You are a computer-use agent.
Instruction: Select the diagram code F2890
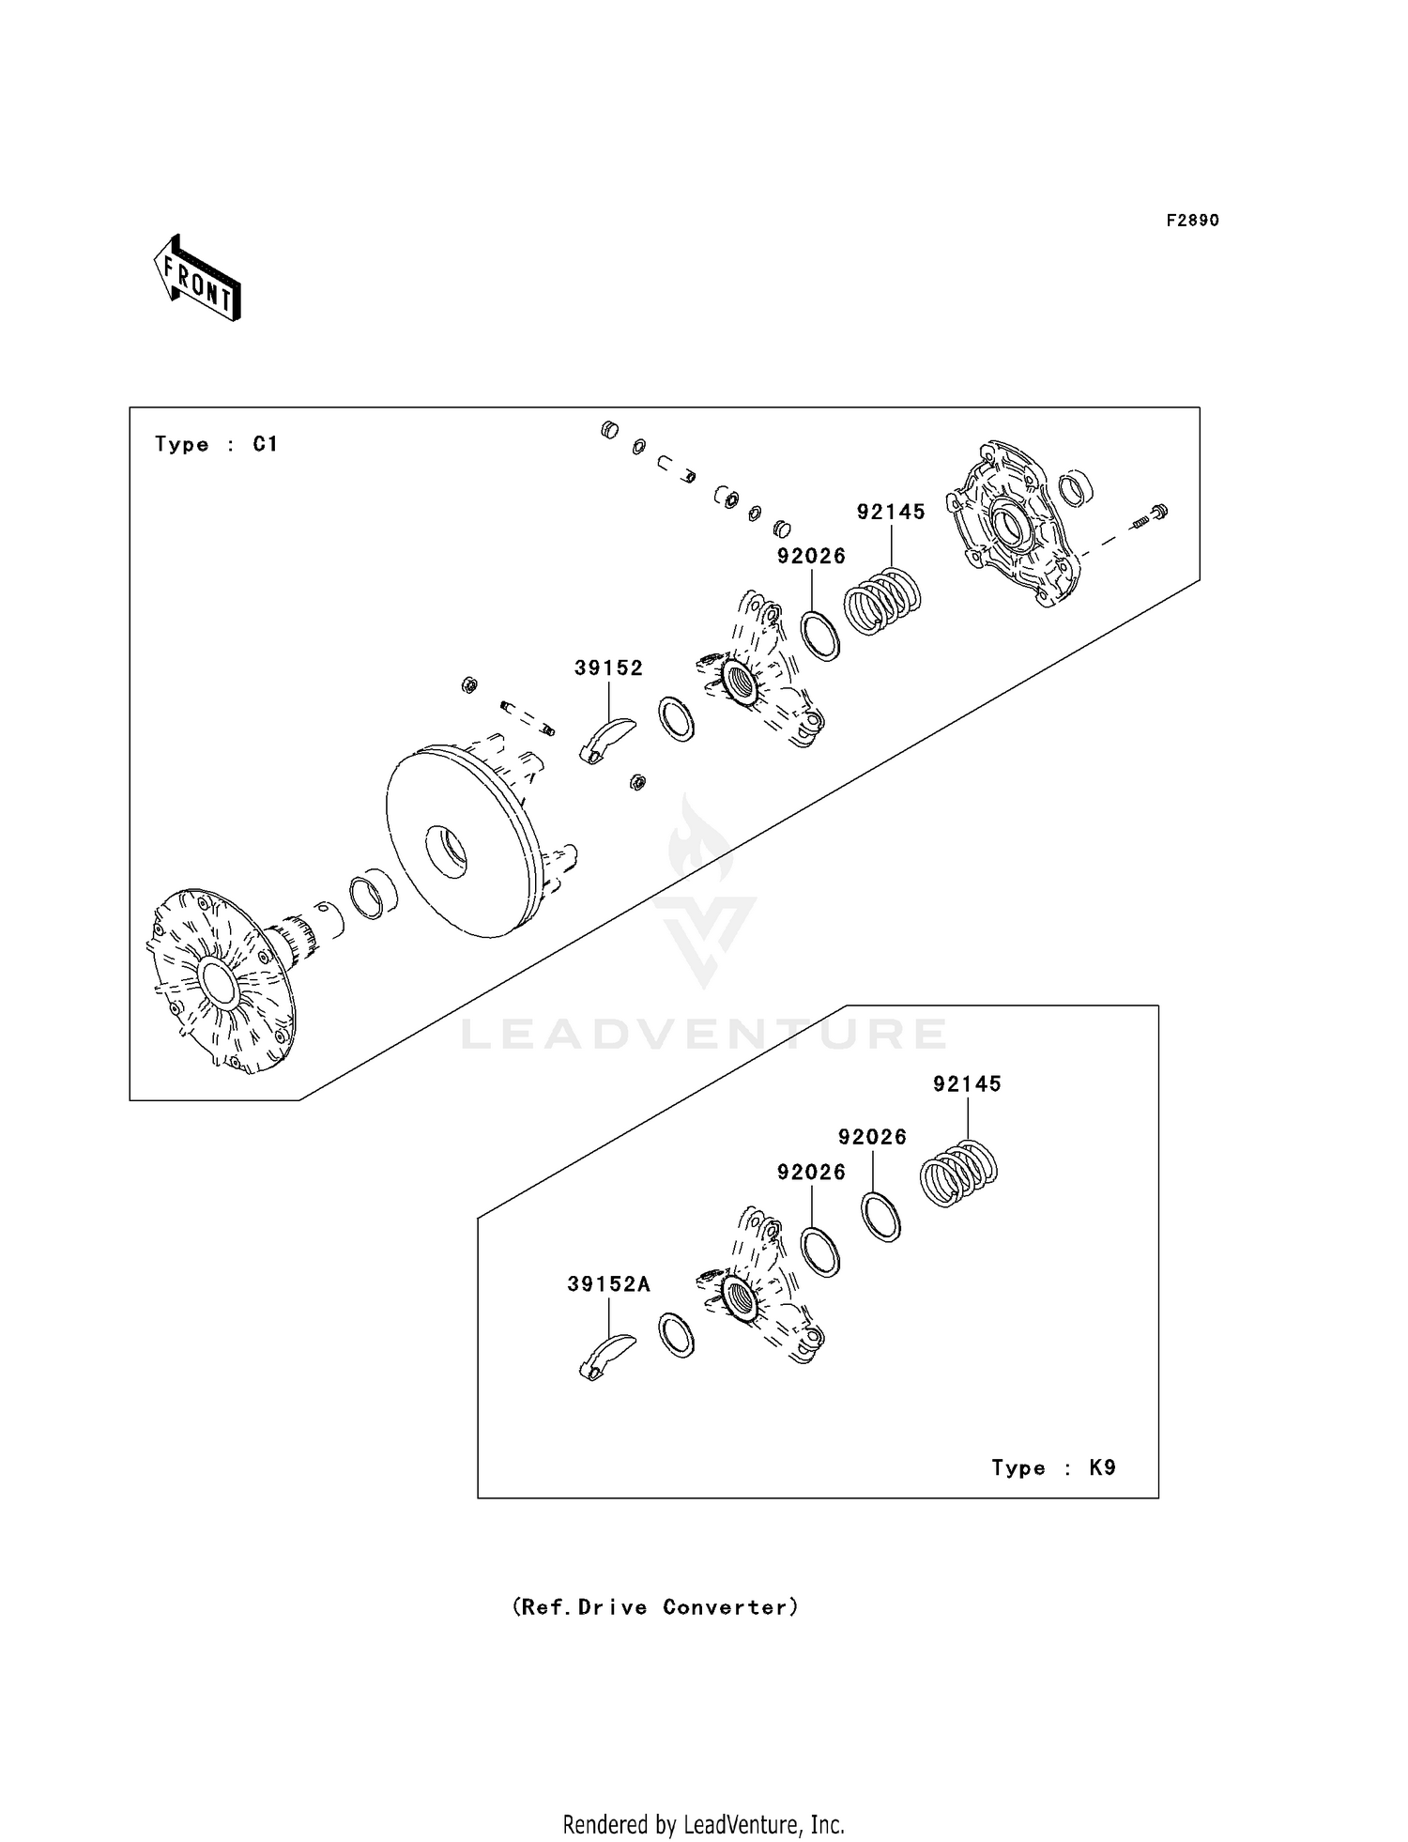pyautogui.click(x=1192, y=221)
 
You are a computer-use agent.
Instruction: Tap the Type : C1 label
pyautogui.click(x=216, y=444)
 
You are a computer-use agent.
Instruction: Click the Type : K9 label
pyautogui.click(x=1053, y=1466)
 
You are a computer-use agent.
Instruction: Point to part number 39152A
pyautogui.click(x=608, y=1284)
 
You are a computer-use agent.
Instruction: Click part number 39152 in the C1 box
pyautogui.click(x=608, y=668)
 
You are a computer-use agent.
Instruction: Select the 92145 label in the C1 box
pyautogui.click(x=891, y=512)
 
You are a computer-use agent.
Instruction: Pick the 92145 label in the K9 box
pyautogui.click(x=967, y=1083)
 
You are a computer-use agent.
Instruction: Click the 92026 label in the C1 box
pyautogui.click(x=811, y=556)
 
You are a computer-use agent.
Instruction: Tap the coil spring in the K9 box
pyautogui.click(x=957, y=1172)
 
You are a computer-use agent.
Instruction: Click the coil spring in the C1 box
pyautogui.click(x=882, y=601)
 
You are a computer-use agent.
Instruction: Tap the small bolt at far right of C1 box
pyautogui.click(x=1151, y=515)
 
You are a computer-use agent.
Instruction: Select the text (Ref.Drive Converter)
pyautogui.click(x=655, y=1607)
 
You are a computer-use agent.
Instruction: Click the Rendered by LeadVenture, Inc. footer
pyautogui.click(x=703, y=1824)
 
